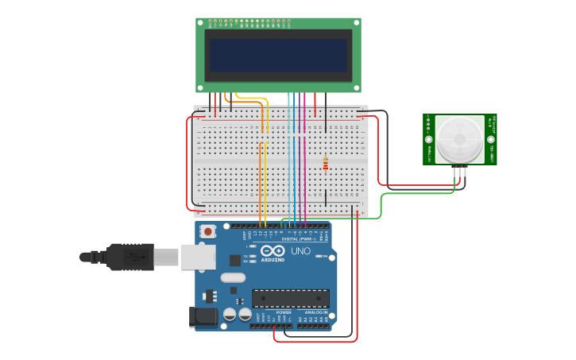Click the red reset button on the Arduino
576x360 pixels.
(x=208, y=231)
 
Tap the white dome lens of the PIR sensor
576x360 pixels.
(x=459, y=138)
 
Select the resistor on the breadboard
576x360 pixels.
(x=325, y=164)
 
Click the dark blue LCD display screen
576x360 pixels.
(x=278, y=56)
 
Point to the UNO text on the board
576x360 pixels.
(x=300, y=251)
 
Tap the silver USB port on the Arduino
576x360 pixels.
(x=198, y=257)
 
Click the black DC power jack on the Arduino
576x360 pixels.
(x=204, y=317)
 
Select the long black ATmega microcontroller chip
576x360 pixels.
(x=290, y=298)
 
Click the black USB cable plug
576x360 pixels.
(x=127, y=257)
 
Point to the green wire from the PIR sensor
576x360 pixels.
(x=381, y=205)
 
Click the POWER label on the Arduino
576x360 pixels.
(x=283, y=312)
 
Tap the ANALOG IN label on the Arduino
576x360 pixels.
(x=315, y=312)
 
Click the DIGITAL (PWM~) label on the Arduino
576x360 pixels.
(x=299, y=238)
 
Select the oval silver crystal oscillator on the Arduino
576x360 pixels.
(x=233, y=278)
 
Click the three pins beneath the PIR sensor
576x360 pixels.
(x=460, y=170)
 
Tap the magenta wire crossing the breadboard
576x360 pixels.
(x=304, y=159)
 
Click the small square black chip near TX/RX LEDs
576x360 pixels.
(x=235, y=260)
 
